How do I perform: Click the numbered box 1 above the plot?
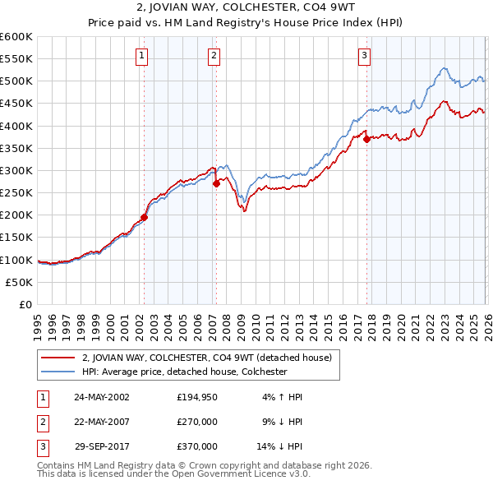click(142, 56)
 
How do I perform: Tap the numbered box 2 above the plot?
click(214, 56)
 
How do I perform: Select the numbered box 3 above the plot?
click(364, 56)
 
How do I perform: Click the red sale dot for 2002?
click(144, 218)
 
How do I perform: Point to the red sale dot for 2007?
click(216, 184)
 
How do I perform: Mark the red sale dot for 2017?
click(366, 140)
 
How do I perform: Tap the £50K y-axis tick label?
click(19, 282)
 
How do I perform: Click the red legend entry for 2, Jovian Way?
click(206, 358)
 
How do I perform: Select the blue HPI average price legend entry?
click(183, 372)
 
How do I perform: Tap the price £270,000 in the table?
click(197, 422)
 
